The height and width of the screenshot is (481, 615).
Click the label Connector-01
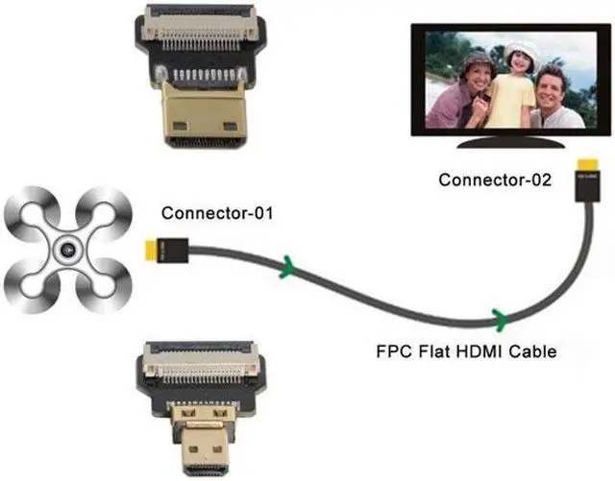click(x=217, y=212)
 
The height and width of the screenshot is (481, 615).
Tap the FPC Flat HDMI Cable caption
click(x=466, y=352)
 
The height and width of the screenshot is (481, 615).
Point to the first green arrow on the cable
click(x=286, y=266)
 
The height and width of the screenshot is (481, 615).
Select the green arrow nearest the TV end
click(x=499, y=317)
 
